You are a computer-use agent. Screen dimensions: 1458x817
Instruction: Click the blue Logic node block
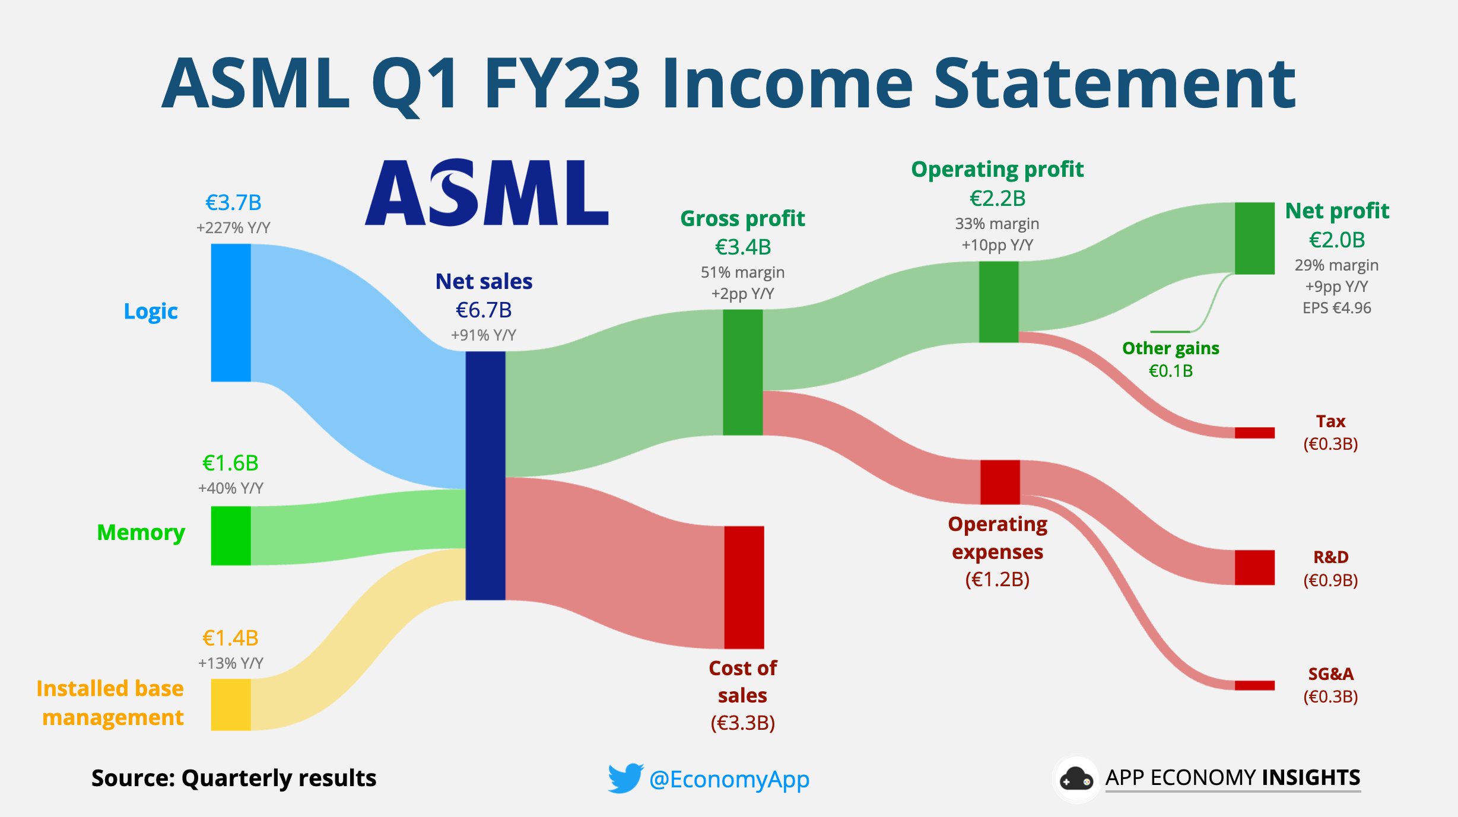231,313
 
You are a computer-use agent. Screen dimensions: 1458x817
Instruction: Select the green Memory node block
231,536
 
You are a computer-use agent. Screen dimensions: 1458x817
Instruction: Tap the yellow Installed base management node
231,704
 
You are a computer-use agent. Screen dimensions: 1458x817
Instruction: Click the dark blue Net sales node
485,476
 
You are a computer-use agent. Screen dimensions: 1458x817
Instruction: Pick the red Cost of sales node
744,587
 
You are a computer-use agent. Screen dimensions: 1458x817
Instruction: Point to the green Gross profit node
743,373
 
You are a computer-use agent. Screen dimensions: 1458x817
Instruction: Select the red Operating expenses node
1000,482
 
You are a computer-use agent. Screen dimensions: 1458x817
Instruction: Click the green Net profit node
1255,239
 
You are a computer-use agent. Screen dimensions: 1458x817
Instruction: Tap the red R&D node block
1255,568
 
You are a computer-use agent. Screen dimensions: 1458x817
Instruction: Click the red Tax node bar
1255,433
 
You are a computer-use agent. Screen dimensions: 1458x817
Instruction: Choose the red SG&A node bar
1255,686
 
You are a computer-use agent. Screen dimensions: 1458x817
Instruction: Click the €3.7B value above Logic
233,203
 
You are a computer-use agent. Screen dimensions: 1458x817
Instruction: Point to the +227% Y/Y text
233,228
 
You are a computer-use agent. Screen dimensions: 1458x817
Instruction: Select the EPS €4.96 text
1337,308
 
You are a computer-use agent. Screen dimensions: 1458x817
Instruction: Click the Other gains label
1171,348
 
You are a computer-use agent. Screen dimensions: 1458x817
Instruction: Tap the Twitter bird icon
625,778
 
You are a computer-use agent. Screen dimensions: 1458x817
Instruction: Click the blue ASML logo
487,192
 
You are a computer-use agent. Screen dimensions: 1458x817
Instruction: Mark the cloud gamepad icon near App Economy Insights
1076,779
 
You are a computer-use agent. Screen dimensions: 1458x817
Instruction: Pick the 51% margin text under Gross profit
743,272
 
